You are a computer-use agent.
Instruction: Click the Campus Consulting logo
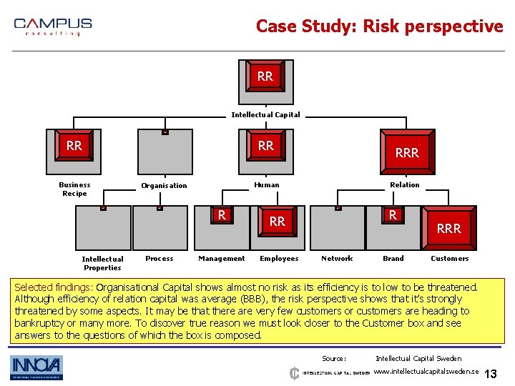(53, 26)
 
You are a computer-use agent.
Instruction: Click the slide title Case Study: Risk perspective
(379, 26)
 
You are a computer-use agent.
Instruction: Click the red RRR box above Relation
(407, 152)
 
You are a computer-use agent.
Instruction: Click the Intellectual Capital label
(265, 114)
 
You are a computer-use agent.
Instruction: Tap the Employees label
(278, 259)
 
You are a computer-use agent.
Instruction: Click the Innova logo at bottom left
(36, 367)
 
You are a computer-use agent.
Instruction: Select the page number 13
(491, 375)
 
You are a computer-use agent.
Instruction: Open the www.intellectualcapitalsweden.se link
(426, 372)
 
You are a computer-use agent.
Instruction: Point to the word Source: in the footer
(334, 359)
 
